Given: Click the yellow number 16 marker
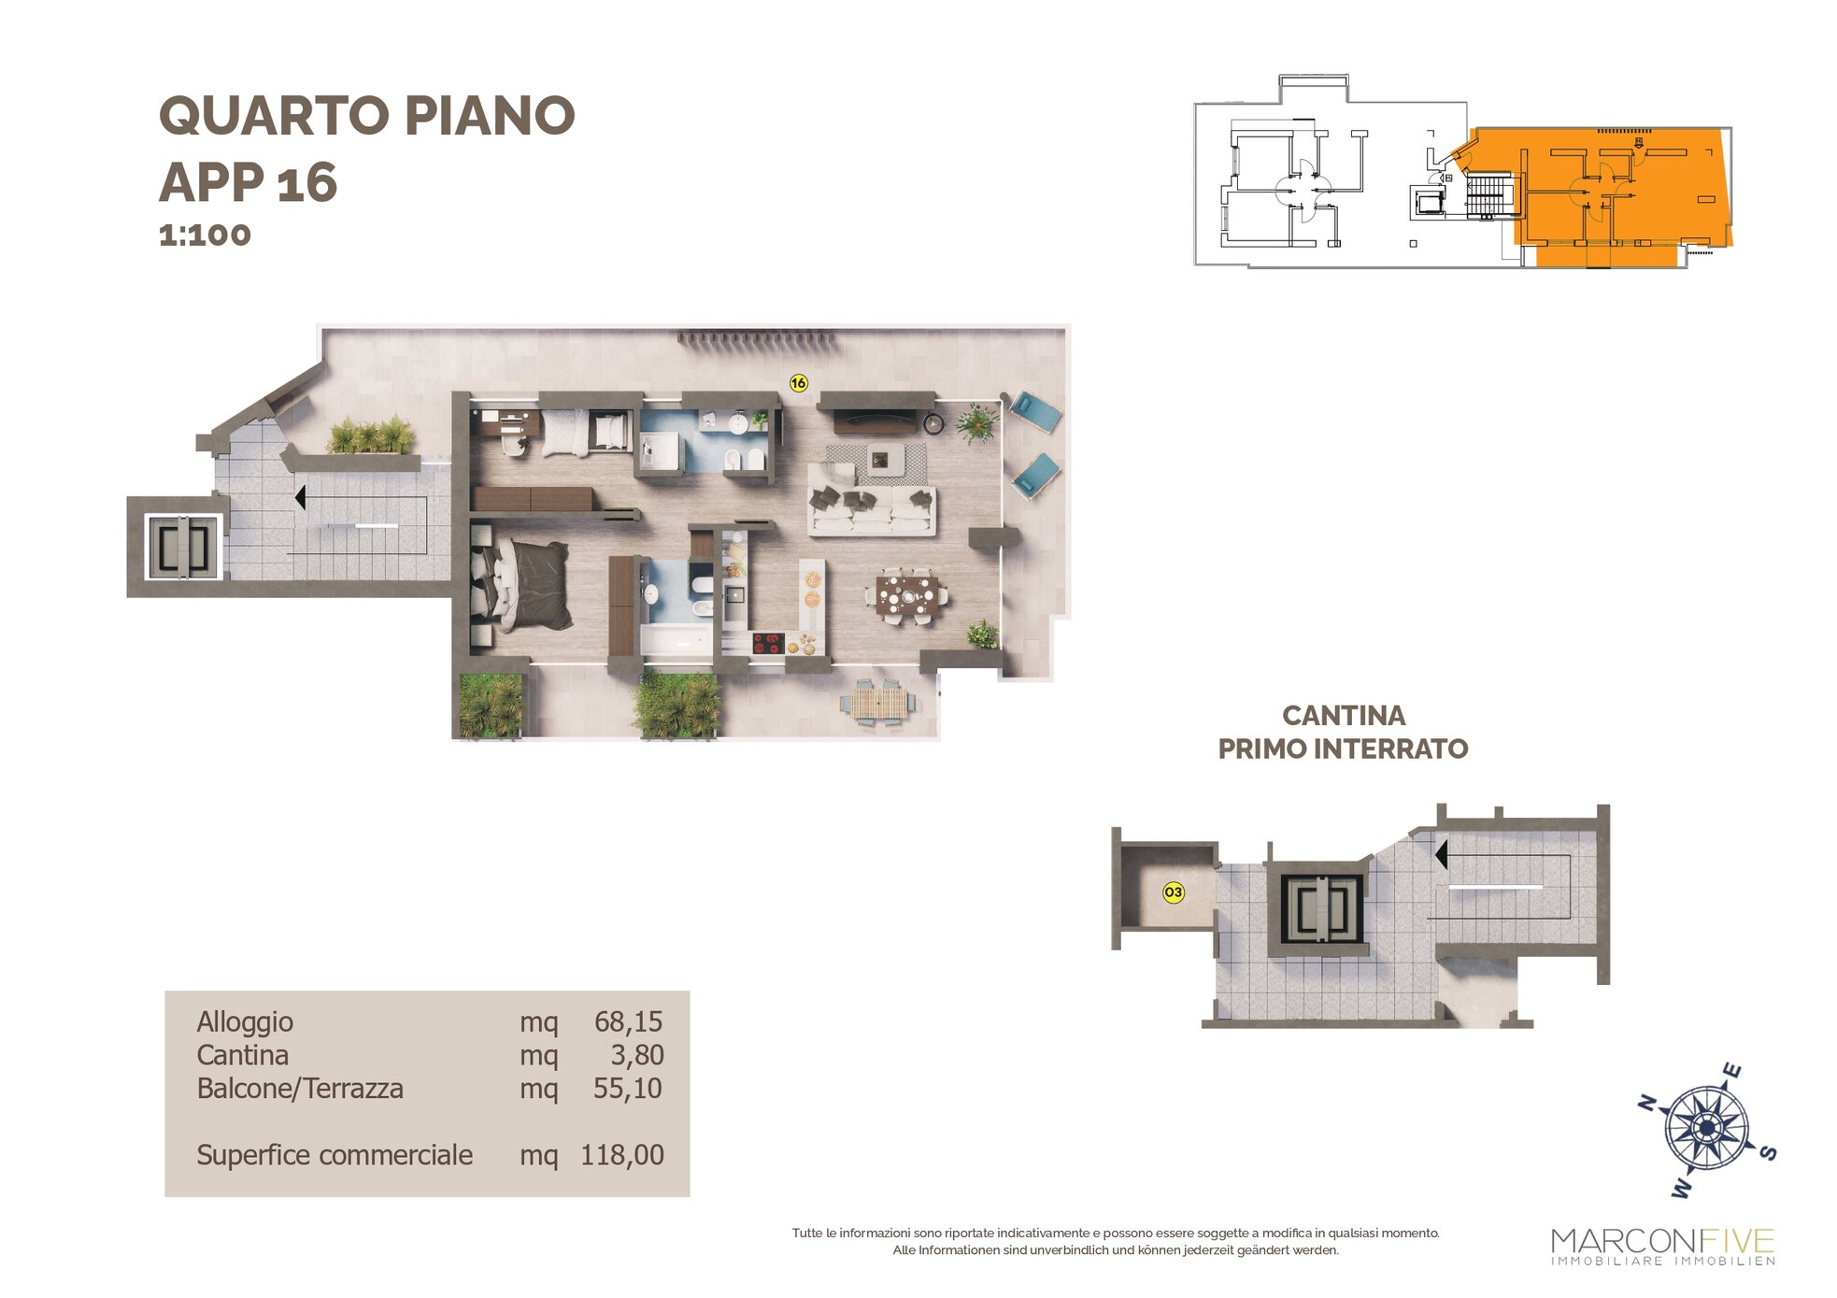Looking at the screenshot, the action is coord(798,382).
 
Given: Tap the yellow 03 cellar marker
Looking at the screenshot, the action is coord(1173,892).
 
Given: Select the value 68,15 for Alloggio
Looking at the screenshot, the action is coord(628,1021).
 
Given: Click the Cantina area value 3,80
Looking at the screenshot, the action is coord(637,1055).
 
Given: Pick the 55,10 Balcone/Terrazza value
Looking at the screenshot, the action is coord(628,1089).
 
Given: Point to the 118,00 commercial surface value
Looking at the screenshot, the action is coord(622,1155).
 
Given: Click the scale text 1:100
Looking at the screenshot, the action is coord(205,235).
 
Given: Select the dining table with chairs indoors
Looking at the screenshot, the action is coord(905,593).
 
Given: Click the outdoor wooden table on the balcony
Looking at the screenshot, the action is coord(879,703).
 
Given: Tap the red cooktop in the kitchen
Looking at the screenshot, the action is coord(767,643).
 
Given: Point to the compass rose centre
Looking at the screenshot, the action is coord(1707,1129).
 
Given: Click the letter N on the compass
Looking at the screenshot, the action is coord(1648,1104).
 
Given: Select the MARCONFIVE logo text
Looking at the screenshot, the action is coord(1662,1241).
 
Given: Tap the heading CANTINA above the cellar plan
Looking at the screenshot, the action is coord(1343,716).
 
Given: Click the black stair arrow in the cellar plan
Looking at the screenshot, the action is coord(1441,854).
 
